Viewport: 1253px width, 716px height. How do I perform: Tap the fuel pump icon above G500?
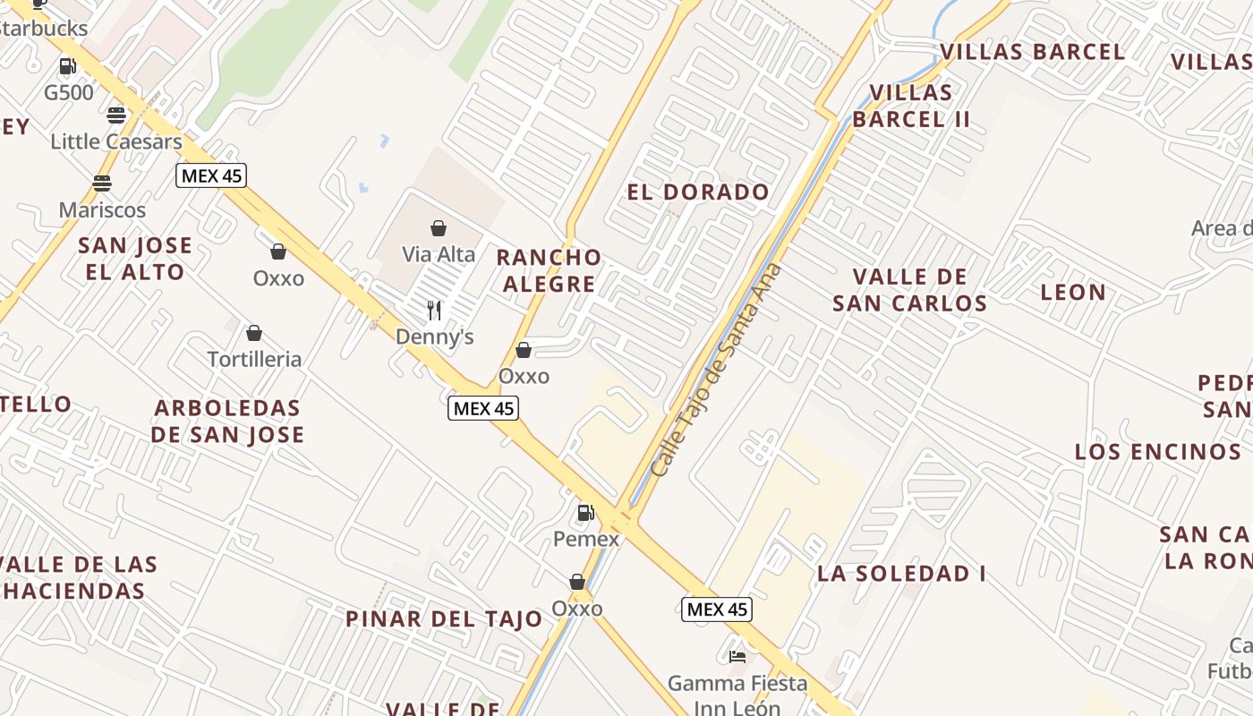pyautogui.click(x=67, y=66)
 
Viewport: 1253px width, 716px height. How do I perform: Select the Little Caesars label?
pyautogui.click(x=116, y=141)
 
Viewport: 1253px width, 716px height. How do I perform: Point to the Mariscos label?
pyautogui.click(x=102, y=210)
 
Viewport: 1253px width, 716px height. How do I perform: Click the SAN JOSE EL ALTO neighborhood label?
pyautogui.click(x=135, y=259)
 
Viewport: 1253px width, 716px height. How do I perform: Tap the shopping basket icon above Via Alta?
pyautogui.click(x=439, y=229)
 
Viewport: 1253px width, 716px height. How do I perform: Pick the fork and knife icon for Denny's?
pyautogui.click(x=434, y=311)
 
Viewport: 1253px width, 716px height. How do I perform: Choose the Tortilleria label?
pyautogui.click(x=254, y=360)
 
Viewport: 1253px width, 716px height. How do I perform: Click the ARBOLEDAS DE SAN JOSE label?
pyautogui.click(x=227, y=422)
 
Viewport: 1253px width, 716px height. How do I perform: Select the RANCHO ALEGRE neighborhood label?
pyautogui.click(x=549, y=270)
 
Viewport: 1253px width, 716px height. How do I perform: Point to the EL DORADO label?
pyautogui.click(x=698, y=192)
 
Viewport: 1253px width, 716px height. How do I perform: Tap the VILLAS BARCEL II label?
pyautogui.click(x=911, y=106)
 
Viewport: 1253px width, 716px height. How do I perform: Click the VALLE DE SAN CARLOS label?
pyautogui.click(x=909, y=290)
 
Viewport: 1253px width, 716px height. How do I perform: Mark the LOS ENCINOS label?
pyautogui.click(x=1158, y=452)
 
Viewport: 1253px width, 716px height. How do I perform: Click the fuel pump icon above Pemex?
pyautogui.click(x=585, y=513)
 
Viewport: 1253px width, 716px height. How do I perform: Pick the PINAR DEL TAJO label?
pyautogui.click(x=444, y=619)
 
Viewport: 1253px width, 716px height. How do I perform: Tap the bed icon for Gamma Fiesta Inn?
pyautogui.click(x=737, y=657)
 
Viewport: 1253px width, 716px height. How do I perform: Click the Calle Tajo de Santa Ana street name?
pyautogui.click(x=716, y=371)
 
